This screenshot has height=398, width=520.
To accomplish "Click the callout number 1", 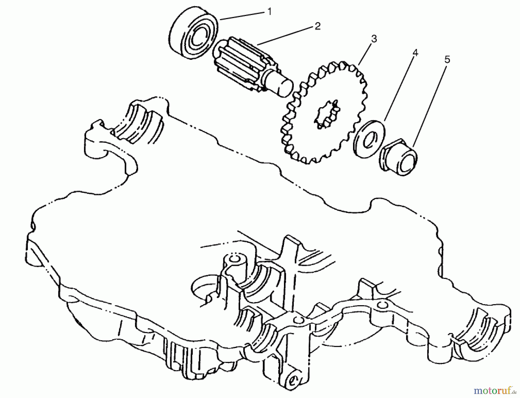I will pyautogui.click(x=269, y=12).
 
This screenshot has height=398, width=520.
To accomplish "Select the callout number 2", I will pyautogui.click(x=317, y=27).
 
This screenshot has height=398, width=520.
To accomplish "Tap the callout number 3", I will pyautogui.click(x=374, y=38).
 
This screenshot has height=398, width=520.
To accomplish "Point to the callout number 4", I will pyautogui.click(x=415, y=53).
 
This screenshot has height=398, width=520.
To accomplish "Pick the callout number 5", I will pyautogui.click(x=447, y=60).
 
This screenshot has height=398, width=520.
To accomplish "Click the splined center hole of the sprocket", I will pyautogui.click(x=327, y=114).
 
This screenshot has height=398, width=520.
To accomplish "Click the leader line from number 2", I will pyautogui.click(x=286, y=36).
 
